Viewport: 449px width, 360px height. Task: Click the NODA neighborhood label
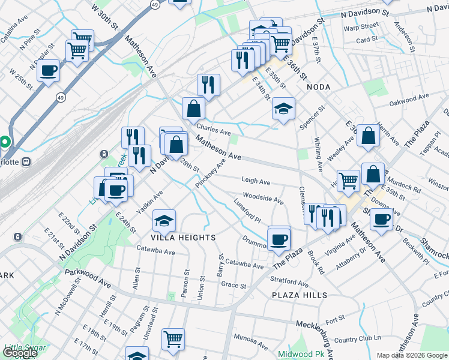[x=318, y=86]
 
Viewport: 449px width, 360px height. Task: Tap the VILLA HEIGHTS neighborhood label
[x=183, y=238]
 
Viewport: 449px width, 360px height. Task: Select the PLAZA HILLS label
[x=300, y=295]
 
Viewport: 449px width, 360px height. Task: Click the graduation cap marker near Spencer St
[x=283, y=109]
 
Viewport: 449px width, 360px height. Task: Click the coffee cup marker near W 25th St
[x=48, y=71]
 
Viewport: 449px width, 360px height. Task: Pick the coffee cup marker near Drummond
[x=279, y=238]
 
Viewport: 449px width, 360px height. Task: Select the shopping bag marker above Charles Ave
[x=193, y=109]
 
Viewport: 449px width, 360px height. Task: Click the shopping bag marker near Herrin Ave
[x=368, y=136]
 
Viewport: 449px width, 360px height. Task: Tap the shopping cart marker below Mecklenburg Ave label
[x=173, y=340]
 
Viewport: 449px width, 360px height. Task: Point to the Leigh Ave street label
[x=256, y=181]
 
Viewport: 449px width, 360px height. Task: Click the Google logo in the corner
[x=20, y=353]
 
